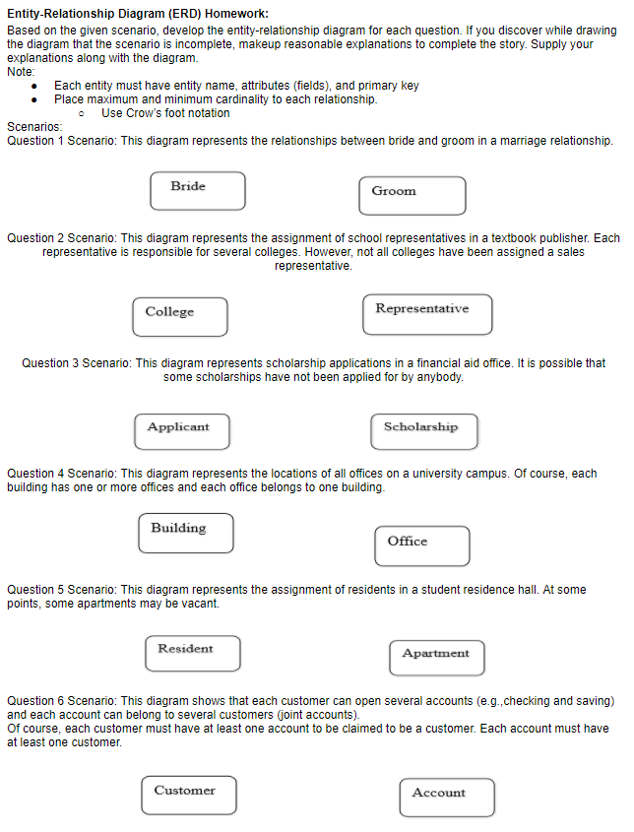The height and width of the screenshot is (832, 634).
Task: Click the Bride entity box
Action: [197, 191]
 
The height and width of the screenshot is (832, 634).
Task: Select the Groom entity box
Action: [412, 195]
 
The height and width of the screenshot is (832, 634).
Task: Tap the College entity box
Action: [179, 317]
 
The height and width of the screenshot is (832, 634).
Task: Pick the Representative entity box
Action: [426, 314]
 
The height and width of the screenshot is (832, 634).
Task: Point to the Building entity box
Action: [185, 533]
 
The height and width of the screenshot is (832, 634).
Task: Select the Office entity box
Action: [421, 545]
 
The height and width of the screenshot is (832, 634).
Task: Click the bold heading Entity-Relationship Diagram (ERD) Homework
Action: [137, 13]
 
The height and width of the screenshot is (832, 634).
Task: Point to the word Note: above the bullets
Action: [21, 72]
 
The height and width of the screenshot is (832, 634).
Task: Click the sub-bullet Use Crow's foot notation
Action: [165, 113]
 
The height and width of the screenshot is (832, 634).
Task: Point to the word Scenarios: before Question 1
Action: [33, 127]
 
